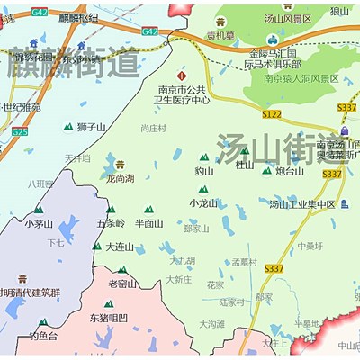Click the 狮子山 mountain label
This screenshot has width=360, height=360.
[91, 127]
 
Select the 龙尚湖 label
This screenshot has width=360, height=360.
[120, 178]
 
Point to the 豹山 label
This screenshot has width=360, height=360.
[204, 170]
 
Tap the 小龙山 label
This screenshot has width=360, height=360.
[203, 203]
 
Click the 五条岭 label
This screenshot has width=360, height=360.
[110, 222]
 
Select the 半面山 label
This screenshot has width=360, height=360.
[148, 222]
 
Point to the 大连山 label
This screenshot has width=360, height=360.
[119, 246]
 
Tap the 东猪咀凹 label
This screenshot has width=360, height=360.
[109, 317]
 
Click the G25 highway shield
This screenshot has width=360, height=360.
[20, 131]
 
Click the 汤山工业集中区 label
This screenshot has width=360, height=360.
[301, 204]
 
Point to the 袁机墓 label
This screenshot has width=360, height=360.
[220, 37]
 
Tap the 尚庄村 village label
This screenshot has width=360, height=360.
[153, 129]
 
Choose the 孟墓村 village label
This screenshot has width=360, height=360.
[244, 262]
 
